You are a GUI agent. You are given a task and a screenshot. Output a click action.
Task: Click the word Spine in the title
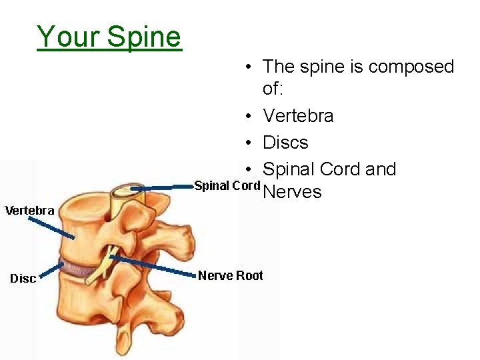point(144,37)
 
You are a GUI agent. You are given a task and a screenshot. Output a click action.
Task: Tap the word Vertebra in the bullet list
point(298,116)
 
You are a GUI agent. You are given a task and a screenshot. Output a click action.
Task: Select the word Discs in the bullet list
point(285,143)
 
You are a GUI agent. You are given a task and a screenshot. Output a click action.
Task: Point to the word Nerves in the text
point(292,193)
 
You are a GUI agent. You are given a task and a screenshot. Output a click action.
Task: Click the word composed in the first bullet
point(411,67)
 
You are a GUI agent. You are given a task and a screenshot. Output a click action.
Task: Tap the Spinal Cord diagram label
point(227,185)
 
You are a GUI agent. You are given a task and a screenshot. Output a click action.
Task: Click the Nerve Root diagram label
point(230,275)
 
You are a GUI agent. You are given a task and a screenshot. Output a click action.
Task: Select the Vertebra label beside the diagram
point(30,211)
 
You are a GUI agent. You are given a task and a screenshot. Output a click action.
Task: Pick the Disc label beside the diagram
point(23,278)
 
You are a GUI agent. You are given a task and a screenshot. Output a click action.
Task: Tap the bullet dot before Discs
point(247,143)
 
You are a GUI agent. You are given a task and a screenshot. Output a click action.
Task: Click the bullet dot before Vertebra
point(247,117)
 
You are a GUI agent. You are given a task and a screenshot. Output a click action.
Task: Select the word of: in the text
point(274,89)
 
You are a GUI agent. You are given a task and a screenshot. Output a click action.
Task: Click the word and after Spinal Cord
point(381,169)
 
